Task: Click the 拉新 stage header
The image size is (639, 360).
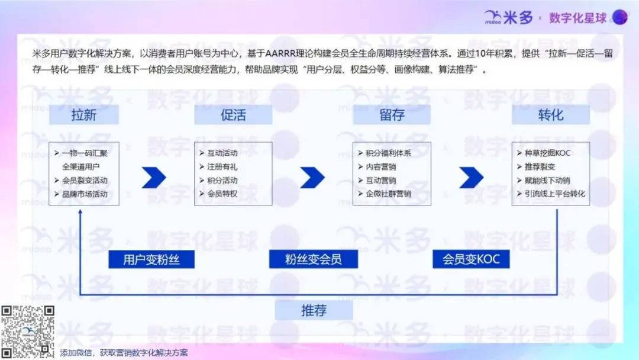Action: point(84,114)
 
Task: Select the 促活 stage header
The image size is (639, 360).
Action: point(233,114)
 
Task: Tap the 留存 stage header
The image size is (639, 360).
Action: point(392,114)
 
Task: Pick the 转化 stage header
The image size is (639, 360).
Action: point(551,114)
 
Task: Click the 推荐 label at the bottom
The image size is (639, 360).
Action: point(314,311)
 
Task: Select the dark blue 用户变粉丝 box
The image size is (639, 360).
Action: point(151,259)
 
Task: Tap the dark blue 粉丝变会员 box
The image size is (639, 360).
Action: point(314,259)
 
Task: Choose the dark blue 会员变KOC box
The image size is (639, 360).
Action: point(471,259)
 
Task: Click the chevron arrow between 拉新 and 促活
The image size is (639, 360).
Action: point(154,178)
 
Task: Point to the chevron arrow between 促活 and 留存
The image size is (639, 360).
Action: point(312,178)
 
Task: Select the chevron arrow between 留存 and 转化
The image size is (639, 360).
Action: point(472,178)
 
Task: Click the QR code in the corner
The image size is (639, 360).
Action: point(28,332)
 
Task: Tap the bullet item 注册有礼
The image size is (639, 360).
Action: point(218,167)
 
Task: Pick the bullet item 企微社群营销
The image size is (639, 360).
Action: point(385,194)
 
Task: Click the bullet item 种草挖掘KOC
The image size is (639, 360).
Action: point(544,153)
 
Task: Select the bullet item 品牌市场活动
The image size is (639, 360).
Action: point(81,194)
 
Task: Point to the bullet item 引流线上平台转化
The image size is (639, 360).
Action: point(551,194)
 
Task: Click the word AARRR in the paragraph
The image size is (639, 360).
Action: point(280,53)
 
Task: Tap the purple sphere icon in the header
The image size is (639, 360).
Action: point(620,17)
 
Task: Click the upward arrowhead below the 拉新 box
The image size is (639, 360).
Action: point(80,211)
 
